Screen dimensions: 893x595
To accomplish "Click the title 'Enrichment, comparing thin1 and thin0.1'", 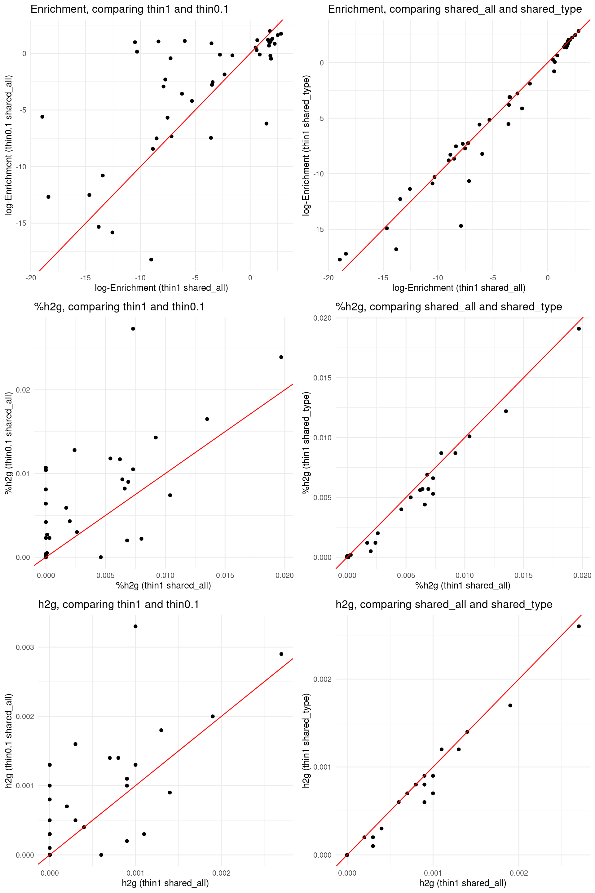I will pos(130,9).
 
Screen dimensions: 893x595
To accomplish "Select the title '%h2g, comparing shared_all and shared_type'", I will pos(448,307).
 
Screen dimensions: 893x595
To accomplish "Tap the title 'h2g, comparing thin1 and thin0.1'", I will pos(118,604).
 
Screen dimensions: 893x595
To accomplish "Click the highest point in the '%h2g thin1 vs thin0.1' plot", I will pos(133,329).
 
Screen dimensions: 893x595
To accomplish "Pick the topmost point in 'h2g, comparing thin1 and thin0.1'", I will pos(135,626).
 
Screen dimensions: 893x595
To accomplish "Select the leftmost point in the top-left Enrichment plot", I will pos(42,117).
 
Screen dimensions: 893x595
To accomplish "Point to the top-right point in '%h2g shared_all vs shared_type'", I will pos(579,329).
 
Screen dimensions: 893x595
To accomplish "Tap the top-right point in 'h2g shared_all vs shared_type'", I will pos(579,626).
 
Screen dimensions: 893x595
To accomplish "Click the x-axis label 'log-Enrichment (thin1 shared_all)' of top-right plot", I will pos(459,288).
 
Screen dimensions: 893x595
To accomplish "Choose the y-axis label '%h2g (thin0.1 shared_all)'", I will pos(9,442).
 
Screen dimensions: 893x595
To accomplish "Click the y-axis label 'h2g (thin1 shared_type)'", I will pos(306,740).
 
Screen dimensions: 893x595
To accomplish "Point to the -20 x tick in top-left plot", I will pos(31,278).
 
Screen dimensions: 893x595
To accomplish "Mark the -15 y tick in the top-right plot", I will pos(318,229).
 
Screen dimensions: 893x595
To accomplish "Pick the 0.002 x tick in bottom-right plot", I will pos(519,873).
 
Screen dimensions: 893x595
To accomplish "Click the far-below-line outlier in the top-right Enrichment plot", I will pos(461,226).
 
